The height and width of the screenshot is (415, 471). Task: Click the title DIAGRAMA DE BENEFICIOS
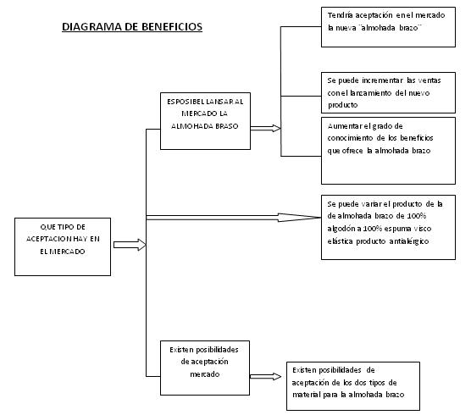[132, 27]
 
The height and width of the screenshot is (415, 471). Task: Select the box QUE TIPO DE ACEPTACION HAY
[64, 245]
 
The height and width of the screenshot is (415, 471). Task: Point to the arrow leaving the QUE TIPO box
[129, 245]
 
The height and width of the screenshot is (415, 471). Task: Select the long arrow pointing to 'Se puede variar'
[229, 216]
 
